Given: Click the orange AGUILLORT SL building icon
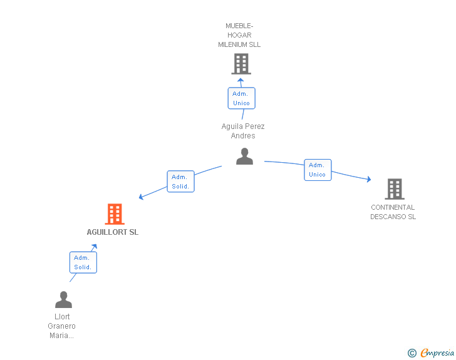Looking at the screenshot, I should [114, 214].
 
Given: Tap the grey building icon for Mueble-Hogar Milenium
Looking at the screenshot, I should [241, 64].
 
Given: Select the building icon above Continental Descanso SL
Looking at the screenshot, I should [394, 188].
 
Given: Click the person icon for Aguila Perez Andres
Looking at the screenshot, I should [244, 157].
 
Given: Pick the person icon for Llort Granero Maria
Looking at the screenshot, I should [63, 300].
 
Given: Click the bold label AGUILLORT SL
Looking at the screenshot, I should [113, 232].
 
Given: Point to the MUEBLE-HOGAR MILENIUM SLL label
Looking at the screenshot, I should [239, 36].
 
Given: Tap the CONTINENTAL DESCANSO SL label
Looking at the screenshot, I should [393, 212].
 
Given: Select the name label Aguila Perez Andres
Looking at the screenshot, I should [243, 131].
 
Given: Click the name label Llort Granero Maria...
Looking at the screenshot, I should [62, 326].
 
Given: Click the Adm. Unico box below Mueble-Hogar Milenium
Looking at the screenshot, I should [241, 98].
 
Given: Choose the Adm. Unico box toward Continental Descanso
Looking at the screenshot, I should [318, 170].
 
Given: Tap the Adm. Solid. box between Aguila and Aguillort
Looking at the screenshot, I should [180, 182].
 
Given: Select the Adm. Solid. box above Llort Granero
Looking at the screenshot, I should [83, 262].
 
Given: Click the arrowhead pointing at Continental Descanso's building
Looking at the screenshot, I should [369, 180].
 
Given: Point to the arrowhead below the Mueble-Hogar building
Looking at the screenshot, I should [241, 80].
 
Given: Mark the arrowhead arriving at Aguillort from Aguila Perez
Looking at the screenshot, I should [141, 198].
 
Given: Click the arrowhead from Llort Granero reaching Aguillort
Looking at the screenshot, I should [95, 247].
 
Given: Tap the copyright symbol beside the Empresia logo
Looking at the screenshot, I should [412, 353].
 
